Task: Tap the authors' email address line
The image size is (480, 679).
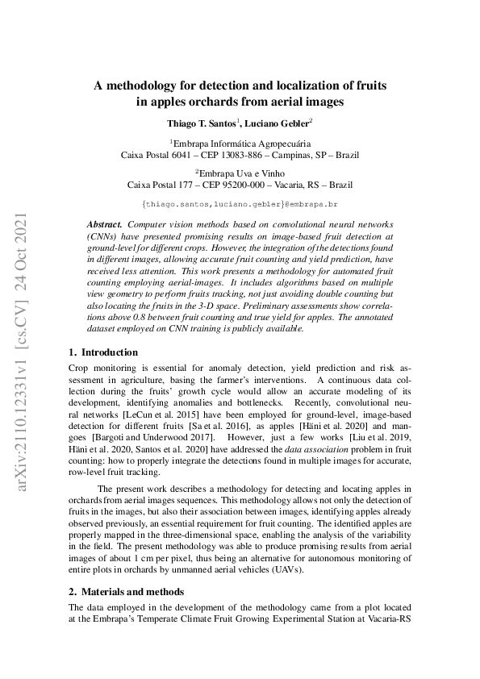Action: (x=239, y=205)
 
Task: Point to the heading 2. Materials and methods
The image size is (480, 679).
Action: (x=126, y=590)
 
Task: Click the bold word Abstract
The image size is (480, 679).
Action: (x=104, y=223)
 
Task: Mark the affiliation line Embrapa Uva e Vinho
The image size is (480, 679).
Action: (x=240, y=172)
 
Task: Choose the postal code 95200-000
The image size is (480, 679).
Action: (x=240, y=184)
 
